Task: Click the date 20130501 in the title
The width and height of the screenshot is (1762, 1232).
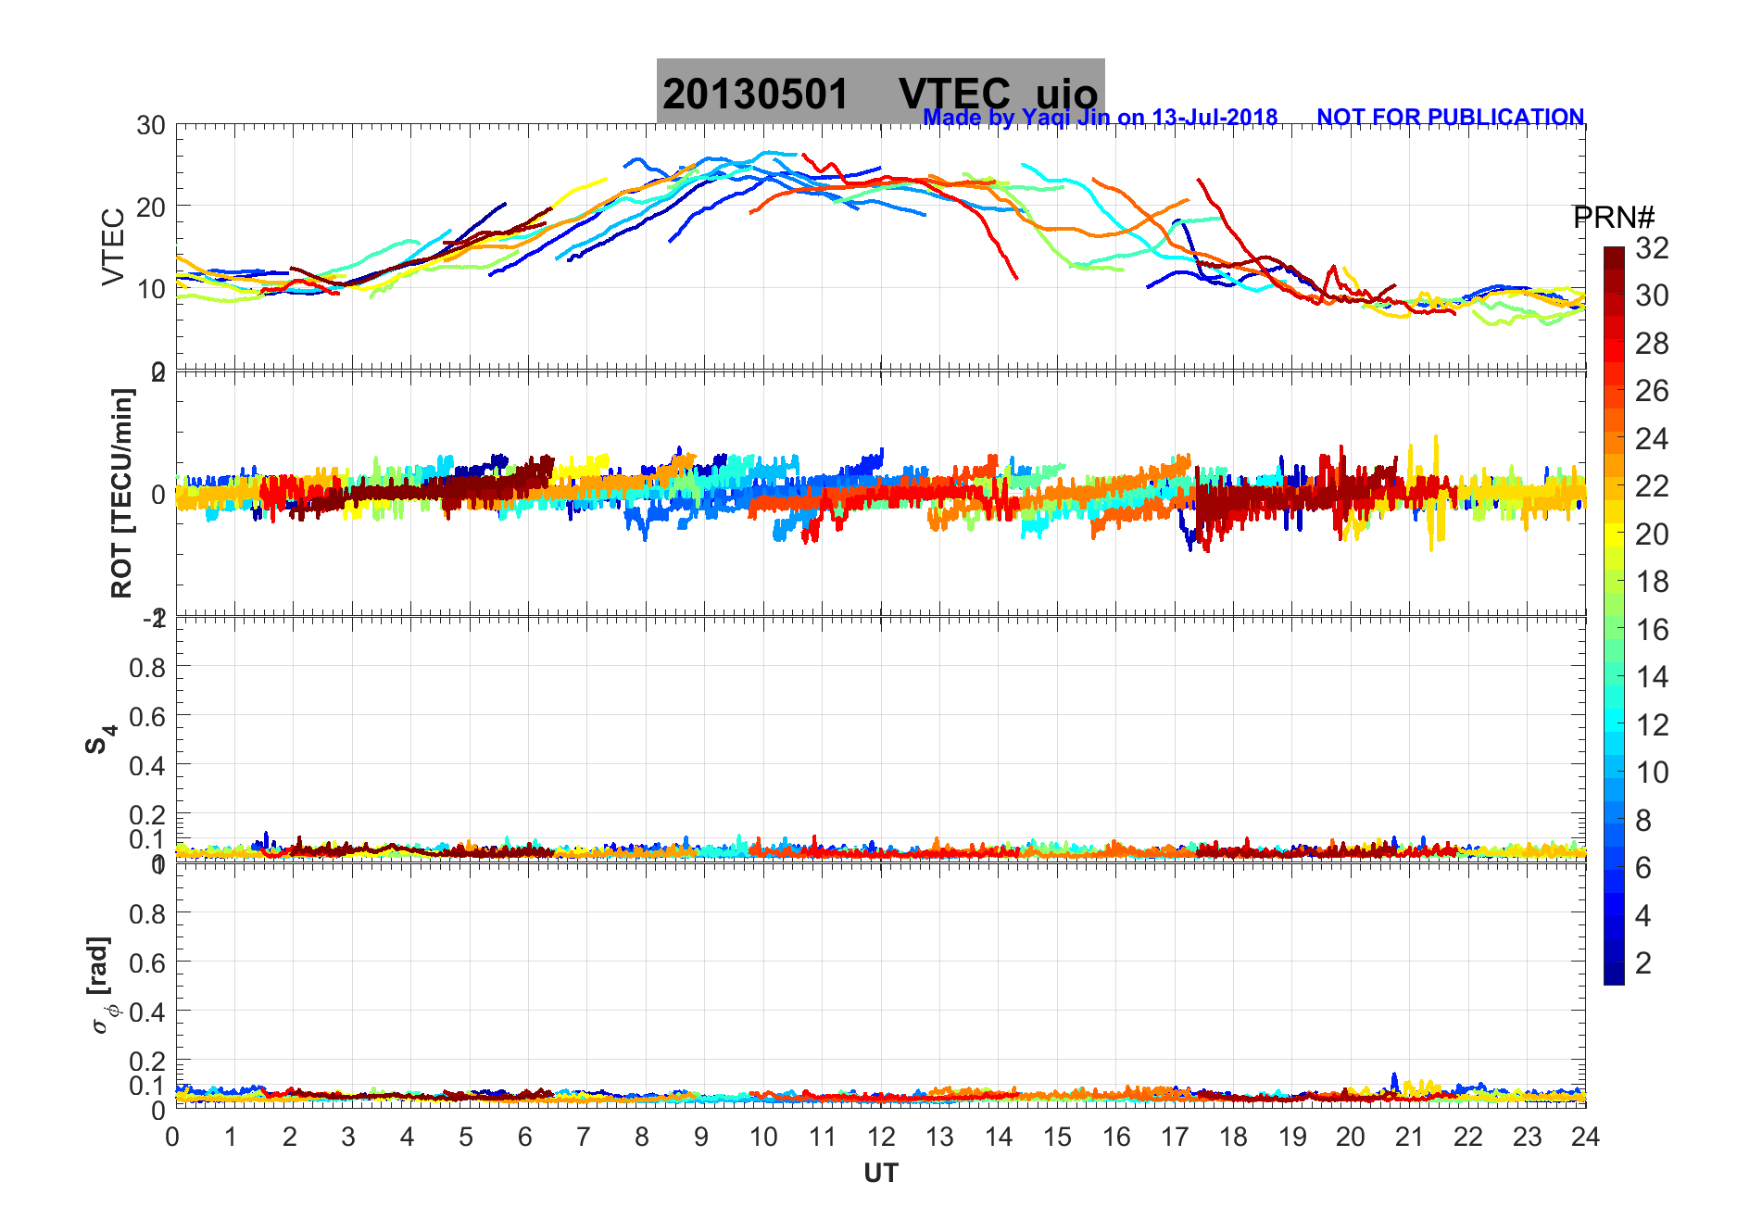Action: pyautogui.click(x=755, y=94)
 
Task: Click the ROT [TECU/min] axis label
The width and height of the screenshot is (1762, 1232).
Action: pyautogui.click(x=122, y=493)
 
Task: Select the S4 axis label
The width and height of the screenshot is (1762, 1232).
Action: pyautogui.click(x=100, y=739)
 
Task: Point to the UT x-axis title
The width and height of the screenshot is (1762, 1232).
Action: pyautogui.click(x=880, y=1174)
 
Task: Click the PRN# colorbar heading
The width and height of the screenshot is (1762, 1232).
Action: pyautogui.click(x=1613, y=218)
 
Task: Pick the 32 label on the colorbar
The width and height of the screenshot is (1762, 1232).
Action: pyautogui.click(x=1652, y=248)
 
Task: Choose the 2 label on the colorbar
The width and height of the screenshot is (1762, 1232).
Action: pyautogui.click(x=1643, y=963)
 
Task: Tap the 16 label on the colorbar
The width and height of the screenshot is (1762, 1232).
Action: pyautogui.click(x=1652, y=630)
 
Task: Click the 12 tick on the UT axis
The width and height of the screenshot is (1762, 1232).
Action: pyautogui.click(x=881, y=1137)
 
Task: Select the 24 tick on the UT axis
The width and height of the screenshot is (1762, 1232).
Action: pyautogui.click(x=1585, y=1137)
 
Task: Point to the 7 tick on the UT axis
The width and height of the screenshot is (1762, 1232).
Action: pyautogui.click(x=583, y=1137)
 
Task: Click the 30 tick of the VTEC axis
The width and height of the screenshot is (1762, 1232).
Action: pyautogui.click(x=151, y=126)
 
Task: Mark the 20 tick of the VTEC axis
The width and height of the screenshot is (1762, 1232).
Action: pyautogui.click(x=151, y=207)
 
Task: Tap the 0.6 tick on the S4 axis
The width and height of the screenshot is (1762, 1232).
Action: pyautogui.click(x=147, y=716)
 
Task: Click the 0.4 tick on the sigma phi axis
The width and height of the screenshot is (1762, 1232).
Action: pyautogui.click(x=147, y=1012)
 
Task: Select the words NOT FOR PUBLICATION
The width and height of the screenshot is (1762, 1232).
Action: pyautogui.click(x=1450, y=118)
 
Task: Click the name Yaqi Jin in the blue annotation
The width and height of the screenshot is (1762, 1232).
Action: pyautogui.click(x=1064, y=118)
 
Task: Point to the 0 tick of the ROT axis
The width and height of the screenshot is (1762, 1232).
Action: pyautogui.click(x=158, y=495)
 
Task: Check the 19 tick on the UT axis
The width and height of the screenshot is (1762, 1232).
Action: pyautogui.click(x=1291, y=1137)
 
